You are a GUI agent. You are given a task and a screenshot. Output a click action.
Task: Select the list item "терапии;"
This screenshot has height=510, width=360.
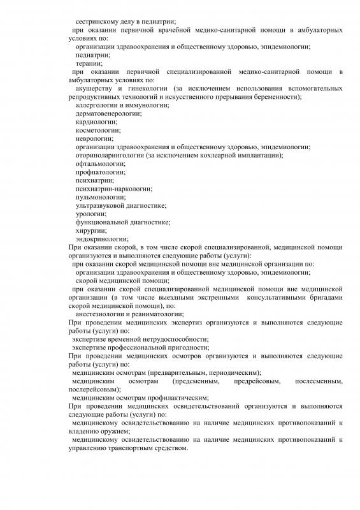87,64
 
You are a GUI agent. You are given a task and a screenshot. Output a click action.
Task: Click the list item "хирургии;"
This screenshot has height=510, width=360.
90,230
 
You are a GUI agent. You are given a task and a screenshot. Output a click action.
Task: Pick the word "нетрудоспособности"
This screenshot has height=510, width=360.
168,339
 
